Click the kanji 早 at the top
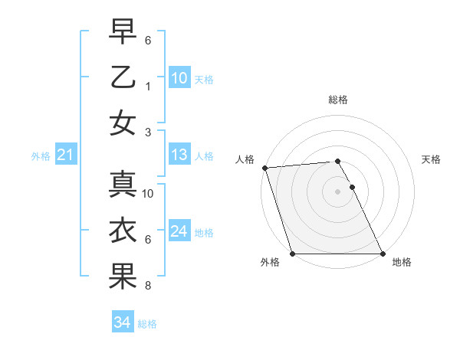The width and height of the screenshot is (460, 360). [123, 31]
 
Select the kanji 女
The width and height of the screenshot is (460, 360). [123, 123]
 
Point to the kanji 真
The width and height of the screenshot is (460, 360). [123, 185]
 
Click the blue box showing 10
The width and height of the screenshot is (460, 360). [179, 77]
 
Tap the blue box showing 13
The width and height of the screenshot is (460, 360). [179, 155]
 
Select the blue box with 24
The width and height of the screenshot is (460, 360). [179, 231]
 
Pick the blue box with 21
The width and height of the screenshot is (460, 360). [65, 155]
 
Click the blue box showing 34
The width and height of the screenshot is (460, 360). [122, 322]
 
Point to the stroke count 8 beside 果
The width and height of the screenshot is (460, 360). [148, 286]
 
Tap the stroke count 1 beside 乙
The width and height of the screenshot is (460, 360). [148, 86]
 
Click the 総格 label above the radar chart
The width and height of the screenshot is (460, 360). [337, 100]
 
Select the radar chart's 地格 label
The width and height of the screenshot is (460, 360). [402, 262]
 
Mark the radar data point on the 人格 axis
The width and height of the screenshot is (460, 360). [264, 168]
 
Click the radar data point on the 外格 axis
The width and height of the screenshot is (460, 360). [293, 254]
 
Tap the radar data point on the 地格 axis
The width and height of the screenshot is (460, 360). [382, 254]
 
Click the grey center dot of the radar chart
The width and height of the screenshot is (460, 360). [337, 191]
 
